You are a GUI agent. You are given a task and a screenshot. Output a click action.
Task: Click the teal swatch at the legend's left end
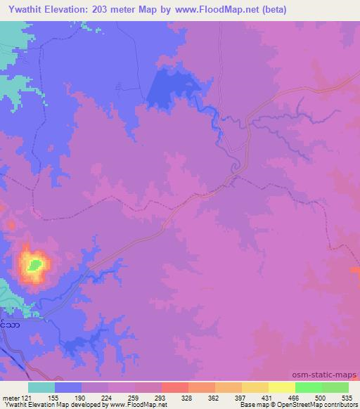[x=41, y=387]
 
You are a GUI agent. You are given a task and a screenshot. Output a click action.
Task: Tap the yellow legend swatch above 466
[x=282, y=387]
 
